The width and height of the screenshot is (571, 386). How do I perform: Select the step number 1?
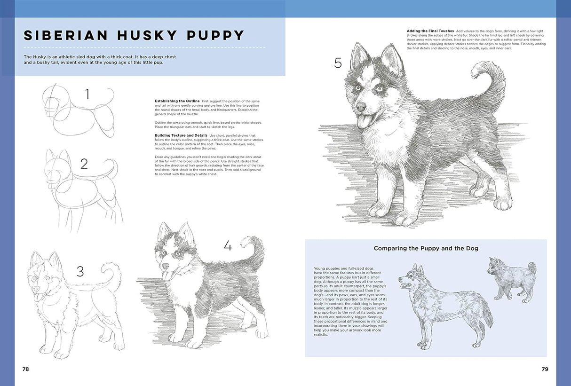click(x=87, y=95)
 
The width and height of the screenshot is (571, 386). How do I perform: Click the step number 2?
click(x=84, y=164)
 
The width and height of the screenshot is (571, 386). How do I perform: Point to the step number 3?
click(x=80, y=272)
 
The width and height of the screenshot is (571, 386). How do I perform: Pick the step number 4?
click(x=228, y=246)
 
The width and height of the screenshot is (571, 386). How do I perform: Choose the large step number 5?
click(x=338, y=63)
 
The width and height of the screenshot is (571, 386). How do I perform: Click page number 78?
click(x=25, y=369)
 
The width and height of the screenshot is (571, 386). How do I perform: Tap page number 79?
click(x=545, y=369)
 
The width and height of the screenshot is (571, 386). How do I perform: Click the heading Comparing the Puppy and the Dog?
click(x=426, y=248)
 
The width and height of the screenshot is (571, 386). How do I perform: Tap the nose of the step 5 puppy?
click(x=361, y=107)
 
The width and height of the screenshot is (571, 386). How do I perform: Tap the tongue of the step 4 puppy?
click(x=166, y=276)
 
